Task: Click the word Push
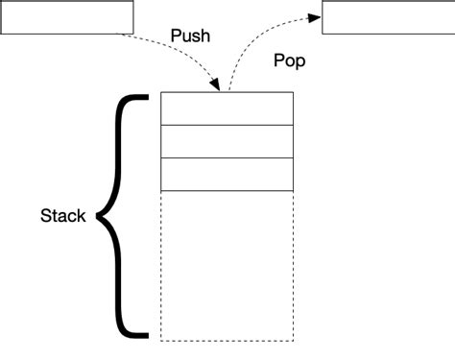(x=190, y=36)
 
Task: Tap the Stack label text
(x=63, y=216)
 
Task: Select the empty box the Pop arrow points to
(x=388, y=17)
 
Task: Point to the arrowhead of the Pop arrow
(x=315, y=16)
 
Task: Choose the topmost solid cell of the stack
(x=227, y=108)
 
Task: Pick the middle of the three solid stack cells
(x=227, y=141)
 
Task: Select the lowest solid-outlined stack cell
(x=227, y=174)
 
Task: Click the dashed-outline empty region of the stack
(x=227, y=264)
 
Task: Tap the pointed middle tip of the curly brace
(x=99, y=217)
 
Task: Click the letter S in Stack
(x=45, y=216)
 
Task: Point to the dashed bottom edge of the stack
(x=227, y=340)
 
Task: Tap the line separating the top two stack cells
(x=227, y=125)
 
